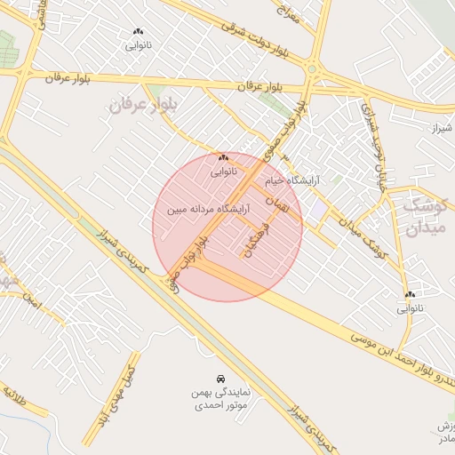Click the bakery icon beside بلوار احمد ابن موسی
(x=410, y=294)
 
